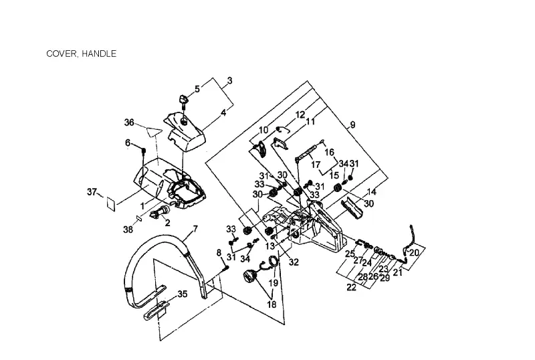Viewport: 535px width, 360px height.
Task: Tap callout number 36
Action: coord(129,122)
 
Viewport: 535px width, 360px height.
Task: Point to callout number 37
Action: coord(92,192)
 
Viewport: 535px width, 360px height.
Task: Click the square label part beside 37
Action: coord(110,204)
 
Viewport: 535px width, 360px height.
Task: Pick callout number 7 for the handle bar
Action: coord(195,229)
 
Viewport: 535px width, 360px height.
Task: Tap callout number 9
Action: coord(352,124)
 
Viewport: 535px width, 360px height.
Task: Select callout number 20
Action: coord(414,253)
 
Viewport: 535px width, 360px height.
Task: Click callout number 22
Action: coord(351,288)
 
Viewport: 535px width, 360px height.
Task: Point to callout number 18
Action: coord(272,304)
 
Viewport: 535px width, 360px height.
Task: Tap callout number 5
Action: coord(197,89)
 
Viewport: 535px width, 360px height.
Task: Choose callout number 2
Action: coord(168,223)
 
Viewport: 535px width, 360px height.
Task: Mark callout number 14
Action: coord(371,191)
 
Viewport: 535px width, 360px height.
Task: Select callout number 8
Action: coord(219,253)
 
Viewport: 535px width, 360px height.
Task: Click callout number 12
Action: coord(300,115)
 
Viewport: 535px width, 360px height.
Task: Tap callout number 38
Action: coord(128,230)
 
